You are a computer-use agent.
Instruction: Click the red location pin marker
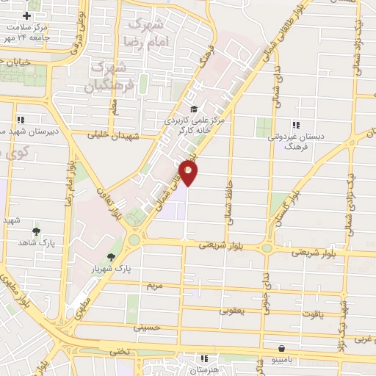click(x=189, y=173)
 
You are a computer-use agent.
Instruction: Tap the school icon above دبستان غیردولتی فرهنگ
click(x=295, y=125)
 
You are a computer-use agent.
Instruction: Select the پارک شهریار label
click(x=136, y=270)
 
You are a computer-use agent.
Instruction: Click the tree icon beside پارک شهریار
click(x=111, y=257)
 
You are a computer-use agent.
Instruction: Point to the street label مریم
click(x=153, y=284)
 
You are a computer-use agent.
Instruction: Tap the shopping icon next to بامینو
click(x=282, y=349)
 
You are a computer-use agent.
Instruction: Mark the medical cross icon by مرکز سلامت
click(x=27, y=16)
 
